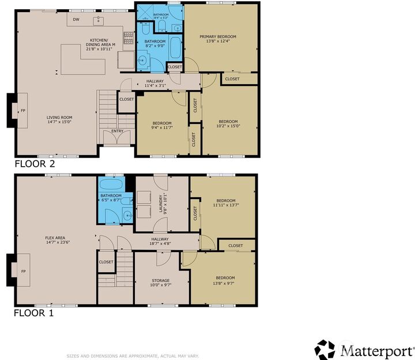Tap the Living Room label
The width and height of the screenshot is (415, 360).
(59, 117)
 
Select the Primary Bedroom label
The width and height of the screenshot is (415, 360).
(218, 36)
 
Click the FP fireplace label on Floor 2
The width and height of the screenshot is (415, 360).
(23, 110)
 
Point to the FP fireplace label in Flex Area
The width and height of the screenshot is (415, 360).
(23, 271)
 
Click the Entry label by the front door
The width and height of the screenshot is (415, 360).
(117, 131)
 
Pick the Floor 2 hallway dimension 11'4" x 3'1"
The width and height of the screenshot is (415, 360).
(154, 86)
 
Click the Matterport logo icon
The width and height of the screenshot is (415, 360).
(325, 349)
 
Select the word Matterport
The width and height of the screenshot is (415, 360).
(376, 350)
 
